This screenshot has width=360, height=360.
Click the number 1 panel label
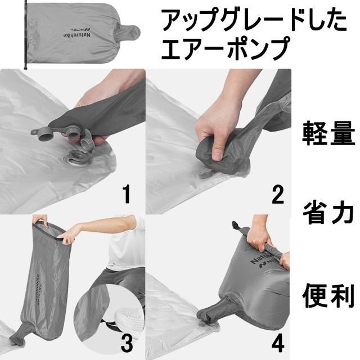pyautogui.click(x=127, y=195)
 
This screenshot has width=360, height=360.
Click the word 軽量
pyautogui.click(x=328, y=135)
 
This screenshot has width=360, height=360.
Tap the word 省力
pyautogui.click(x=328, y=214)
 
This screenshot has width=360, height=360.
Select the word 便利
pyautogui.click(x=328, y=293)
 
